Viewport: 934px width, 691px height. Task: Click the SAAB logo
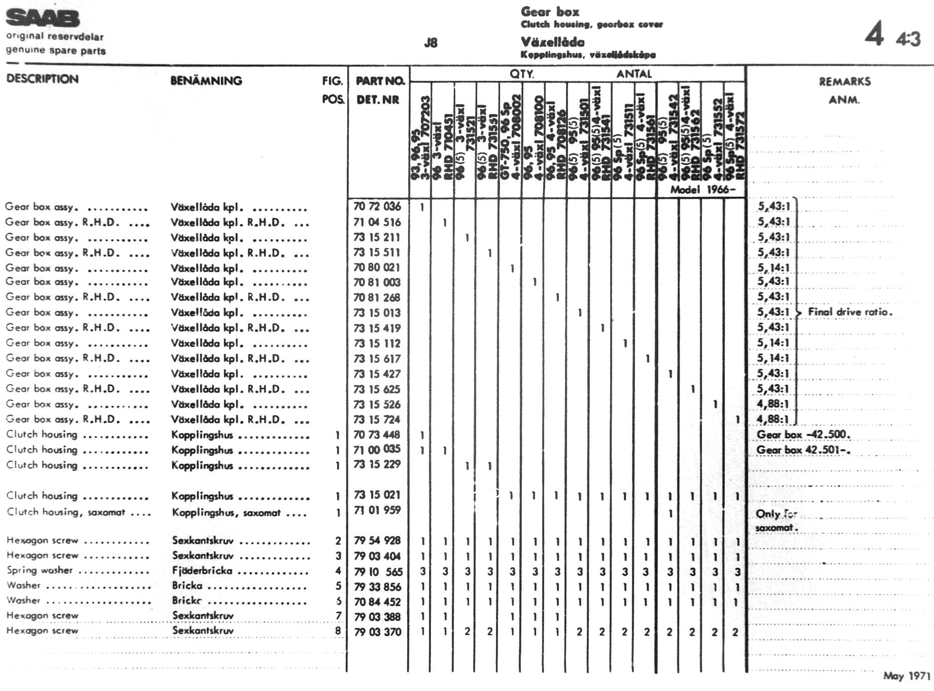pyautogui.click(x=43, y=18)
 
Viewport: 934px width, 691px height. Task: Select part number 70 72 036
pyautogui.click(x=377, y=206)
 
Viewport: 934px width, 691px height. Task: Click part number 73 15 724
pyautogui.click(x=377, y=420)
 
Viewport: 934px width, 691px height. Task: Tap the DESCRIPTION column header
pyautogui.click(x=42, y=79)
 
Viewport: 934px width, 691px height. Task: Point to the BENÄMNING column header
pyautogui.click(x=206, y=81)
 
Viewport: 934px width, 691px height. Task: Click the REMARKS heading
pyautogui.click(x=844, y=82)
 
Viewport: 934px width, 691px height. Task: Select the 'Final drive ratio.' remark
pyautogui.click(x=850, y=312)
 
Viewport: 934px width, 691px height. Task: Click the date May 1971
pyautogui.click(x=906, y=676)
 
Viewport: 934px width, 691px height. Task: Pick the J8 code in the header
pyautogui.click(x=430, y=43)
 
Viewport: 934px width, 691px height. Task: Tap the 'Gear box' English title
pyautogui.click(x=550, y=12)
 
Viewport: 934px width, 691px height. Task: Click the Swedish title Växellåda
pyautogui.click(x=552, y=42)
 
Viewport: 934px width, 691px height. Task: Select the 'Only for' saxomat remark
pyautogui.click(x=776, y=514)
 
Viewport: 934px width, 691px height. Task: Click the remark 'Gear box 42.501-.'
pyautogui.click(x=803, y=450)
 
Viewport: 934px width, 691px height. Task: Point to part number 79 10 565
pyautogui.click(x=378, y=572)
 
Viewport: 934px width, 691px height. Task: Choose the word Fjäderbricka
pyautogui.click(x=202, y=571)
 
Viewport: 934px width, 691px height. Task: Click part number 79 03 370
pyautogui.click(x=378, y=632)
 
